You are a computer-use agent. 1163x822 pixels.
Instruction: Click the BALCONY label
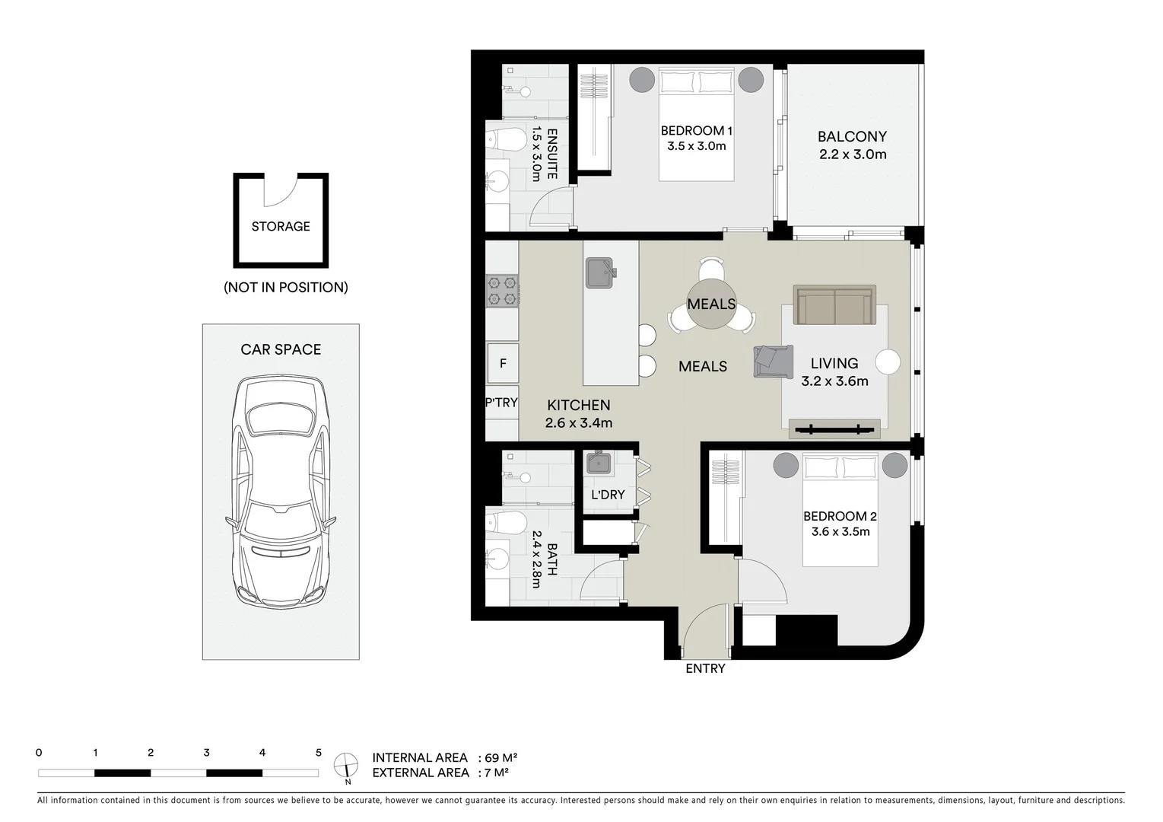click(852, 137)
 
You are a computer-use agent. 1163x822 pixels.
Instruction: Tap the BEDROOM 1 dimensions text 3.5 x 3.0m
click(696, 146)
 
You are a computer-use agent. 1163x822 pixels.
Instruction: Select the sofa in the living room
click(834, 305)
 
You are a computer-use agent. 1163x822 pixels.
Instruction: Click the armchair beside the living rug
click(772, 361)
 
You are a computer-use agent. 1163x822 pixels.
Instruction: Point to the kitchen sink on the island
click(599, 273)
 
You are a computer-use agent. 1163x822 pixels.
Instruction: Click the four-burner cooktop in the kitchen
click(502, 291)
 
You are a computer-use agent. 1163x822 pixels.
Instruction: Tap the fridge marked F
click(503, 364)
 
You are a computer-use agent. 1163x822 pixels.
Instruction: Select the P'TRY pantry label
click(501, 403)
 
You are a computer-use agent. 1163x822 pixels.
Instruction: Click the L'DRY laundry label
click(608, 495)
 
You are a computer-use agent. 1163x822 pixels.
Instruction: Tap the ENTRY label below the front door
click(705, 668)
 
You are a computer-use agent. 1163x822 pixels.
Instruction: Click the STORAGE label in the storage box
click(281, 226)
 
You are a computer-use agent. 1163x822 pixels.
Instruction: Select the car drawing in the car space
click(281, 491)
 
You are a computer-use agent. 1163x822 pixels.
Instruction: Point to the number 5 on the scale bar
click(318, 753)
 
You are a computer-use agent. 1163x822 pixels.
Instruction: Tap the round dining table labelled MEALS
click(711, 304)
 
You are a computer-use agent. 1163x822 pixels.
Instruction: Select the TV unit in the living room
click(834, 429)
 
